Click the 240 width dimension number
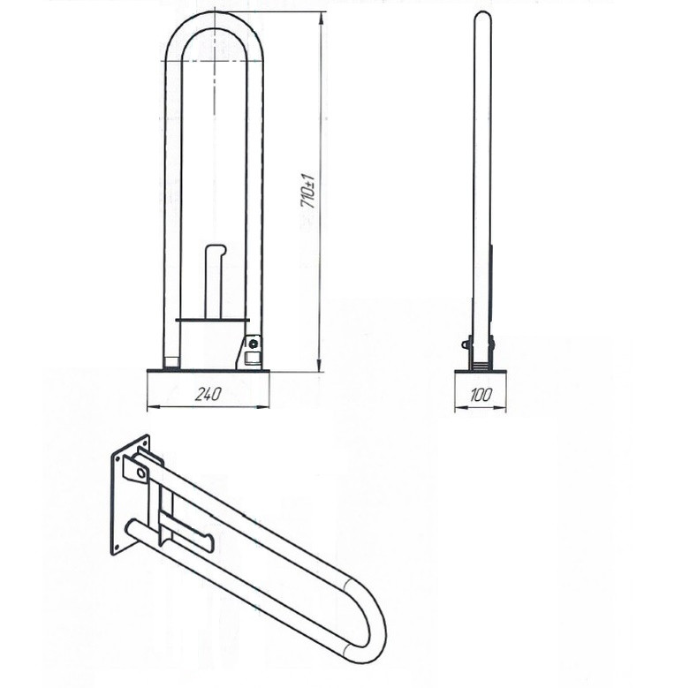[x=208, y=394]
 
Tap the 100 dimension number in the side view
[x=481, y=396]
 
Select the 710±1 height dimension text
[x=307, y=191]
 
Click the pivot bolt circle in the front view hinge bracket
[x=252, y=344]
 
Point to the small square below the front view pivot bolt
[x=251, y=358]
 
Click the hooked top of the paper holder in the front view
[x=216, y=249]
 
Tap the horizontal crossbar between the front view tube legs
[x=212, y=320]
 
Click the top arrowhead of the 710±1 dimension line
[x=322, y=19]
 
